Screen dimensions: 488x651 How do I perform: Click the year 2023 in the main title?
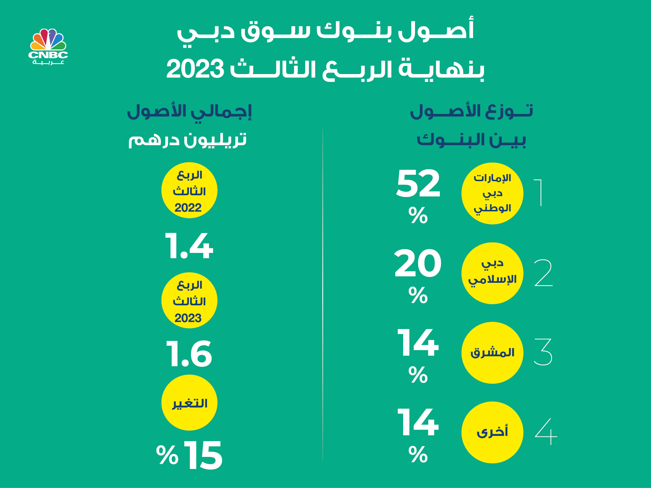[195, 69]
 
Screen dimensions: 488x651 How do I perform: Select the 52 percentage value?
[418, 184]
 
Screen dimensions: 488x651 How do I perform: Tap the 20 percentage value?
[418, 263]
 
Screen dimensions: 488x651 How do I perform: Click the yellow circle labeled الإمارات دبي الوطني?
[492, 194]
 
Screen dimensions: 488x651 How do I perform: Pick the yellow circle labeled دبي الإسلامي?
[492, 273]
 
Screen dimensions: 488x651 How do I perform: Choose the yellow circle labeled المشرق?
[492, 353]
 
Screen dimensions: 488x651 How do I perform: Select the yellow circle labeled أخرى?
[492, 432]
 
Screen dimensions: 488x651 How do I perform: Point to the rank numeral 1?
[538, 193]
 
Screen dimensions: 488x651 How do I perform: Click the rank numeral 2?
[543, 273]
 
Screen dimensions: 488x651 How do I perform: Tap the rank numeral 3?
[543, 352]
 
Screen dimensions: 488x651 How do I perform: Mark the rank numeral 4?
[546, 432]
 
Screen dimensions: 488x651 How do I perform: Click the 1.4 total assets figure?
[189, 246]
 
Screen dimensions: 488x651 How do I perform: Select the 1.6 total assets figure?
[189, 354]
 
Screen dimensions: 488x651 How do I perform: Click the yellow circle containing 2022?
[189, 190]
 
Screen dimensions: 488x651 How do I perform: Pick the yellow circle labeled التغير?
[189, 403]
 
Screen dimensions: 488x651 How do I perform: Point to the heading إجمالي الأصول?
[189, 112]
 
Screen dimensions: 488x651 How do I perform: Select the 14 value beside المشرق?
[418, 343]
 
